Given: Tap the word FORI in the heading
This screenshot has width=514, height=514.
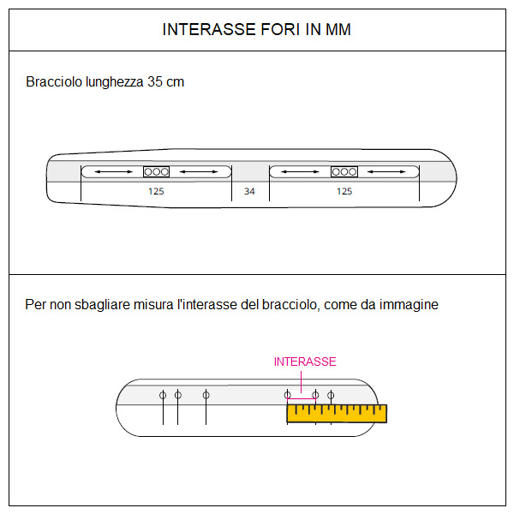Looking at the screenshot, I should point(272,30).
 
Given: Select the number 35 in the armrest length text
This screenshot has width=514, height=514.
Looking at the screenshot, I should point(155,82).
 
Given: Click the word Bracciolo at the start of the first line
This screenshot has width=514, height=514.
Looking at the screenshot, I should point(54,82).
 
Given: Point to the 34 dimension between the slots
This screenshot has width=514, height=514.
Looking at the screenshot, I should point(249,191).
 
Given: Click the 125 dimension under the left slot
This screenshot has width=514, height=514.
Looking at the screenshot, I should point(156,191).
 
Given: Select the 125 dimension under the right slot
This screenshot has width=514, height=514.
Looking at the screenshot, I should point(344,191).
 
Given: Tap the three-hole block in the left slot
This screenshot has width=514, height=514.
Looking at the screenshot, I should point(156,172).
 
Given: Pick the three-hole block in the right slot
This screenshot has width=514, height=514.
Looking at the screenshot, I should point(344,172).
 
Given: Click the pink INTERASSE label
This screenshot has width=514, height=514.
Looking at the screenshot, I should point(305,362).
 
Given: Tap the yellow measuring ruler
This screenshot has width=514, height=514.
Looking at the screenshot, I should point(337,414).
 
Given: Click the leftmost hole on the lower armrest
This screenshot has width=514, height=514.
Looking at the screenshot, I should point(163,395).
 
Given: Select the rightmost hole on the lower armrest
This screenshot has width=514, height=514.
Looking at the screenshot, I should point(331,395).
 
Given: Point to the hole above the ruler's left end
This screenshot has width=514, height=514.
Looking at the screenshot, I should point(288,395).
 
